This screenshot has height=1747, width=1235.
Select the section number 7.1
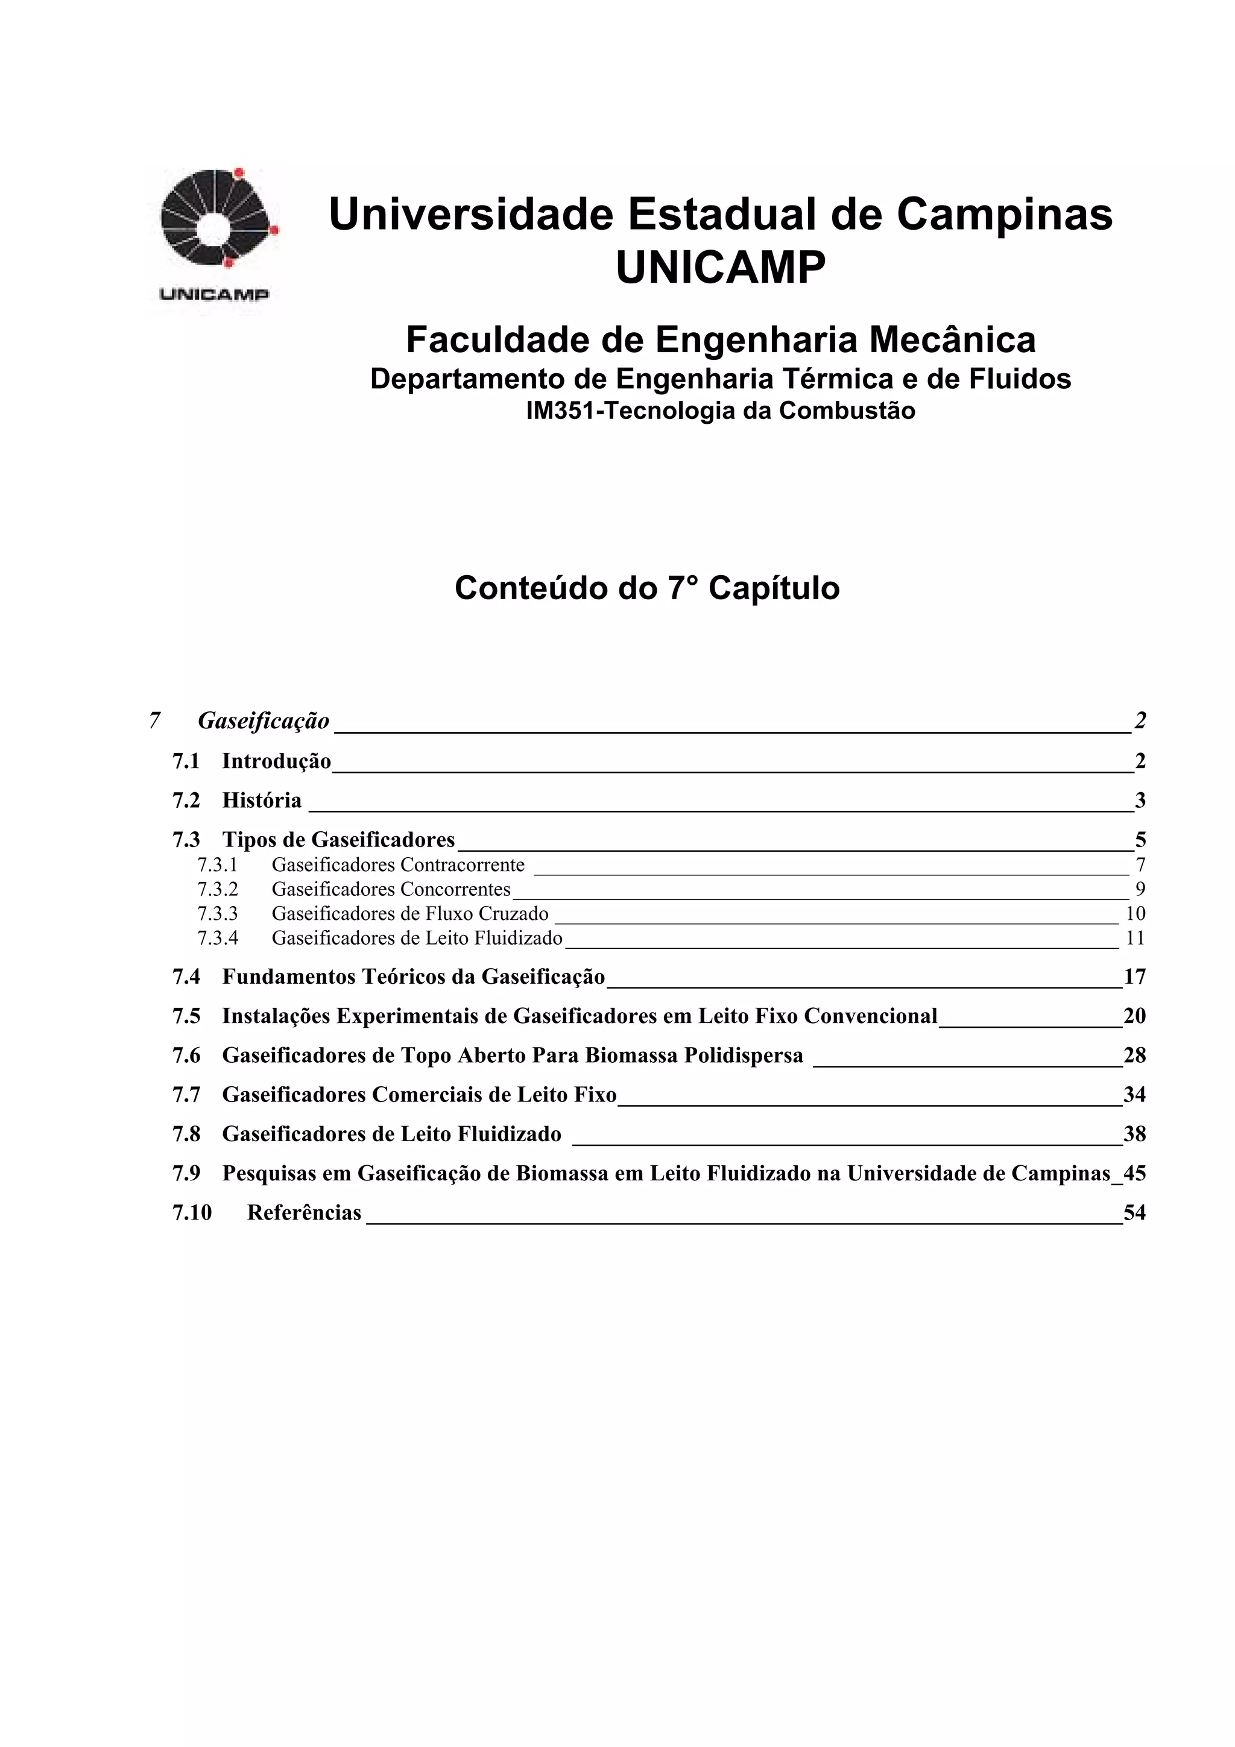[x=186, y=761]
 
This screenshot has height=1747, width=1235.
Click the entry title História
[x=262, y=801]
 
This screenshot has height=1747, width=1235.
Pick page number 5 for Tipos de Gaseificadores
[x=1140, y=840]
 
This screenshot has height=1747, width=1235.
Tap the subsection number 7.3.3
[x=218, y=913]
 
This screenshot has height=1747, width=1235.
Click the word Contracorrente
[x=462, y=865]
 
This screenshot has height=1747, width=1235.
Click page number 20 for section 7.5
[x=1134, y=1016]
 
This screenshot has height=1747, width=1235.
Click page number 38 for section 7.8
[x=1134, y=1135]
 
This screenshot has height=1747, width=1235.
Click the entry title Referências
[x=305, y=1213]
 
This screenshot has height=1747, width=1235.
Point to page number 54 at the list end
[x=1134, y=1213]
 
